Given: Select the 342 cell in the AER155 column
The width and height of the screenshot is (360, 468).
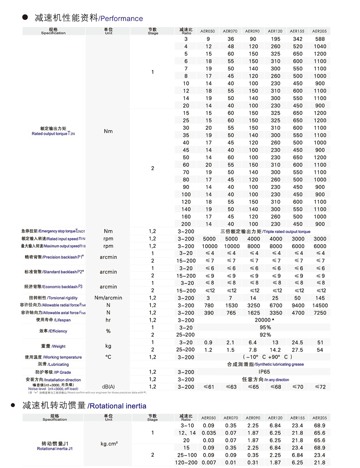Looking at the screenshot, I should (298, 39).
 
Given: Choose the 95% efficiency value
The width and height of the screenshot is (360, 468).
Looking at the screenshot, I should (265, 327).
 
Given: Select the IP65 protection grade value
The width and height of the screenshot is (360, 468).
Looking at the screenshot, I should (264, 372).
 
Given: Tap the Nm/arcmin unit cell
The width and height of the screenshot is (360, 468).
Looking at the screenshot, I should (108, 298).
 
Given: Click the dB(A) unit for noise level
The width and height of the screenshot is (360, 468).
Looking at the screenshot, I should (108, 387).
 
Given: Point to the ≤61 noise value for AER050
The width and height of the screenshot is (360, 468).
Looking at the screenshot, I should (208, 387).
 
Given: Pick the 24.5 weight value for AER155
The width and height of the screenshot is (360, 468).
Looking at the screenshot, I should (298, 342).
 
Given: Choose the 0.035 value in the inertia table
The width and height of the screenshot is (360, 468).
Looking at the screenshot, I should (208, 433).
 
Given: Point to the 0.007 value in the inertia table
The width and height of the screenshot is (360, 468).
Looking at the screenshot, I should (208, 463).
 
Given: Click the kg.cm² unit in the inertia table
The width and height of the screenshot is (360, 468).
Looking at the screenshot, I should (109, 444).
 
